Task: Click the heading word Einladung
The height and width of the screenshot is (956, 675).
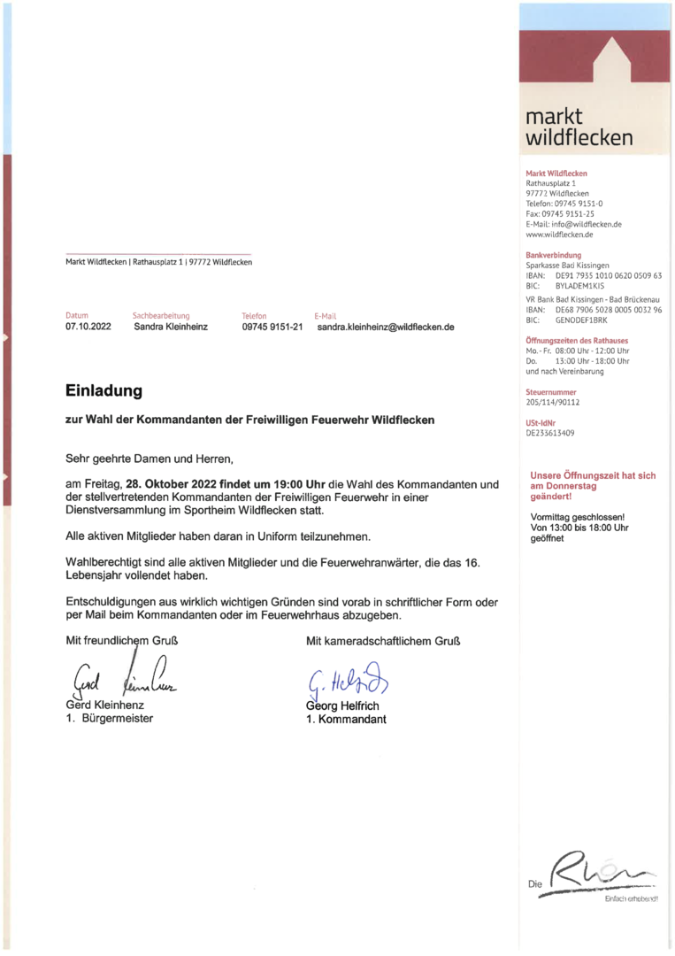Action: tap(104, 390)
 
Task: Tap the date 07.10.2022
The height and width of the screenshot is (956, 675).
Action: tap(88, 328)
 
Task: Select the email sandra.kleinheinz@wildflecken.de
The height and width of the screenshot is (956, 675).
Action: tap(385, 328)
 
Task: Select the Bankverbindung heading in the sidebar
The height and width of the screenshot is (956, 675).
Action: tap(553, 255)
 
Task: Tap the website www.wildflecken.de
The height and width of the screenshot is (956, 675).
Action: tap(559, 235)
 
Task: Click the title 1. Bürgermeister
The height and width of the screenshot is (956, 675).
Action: tap(109, 718)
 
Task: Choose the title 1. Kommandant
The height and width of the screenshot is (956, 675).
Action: tap(346, 719)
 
